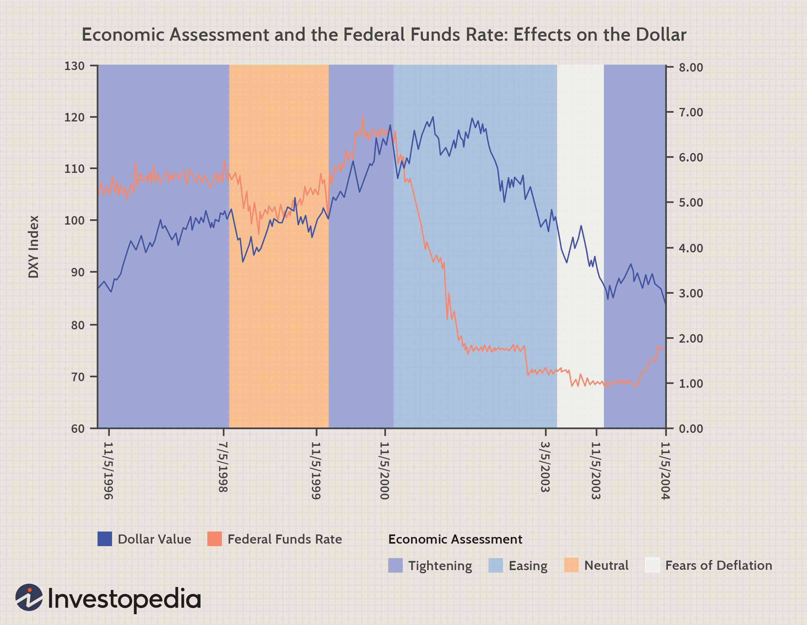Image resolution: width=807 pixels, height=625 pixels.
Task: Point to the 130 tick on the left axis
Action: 74,66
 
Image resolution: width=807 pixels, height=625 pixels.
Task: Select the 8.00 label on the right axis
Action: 691,68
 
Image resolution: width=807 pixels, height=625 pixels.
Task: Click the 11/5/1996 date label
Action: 108,471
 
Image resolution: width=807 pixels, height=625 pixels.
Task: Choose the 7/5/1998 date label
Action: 223,467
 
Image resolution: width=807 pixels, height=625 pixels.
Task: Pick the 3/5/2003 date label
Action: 545,467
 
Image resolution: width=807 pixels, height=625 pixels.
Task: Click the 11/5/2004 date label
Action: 665,471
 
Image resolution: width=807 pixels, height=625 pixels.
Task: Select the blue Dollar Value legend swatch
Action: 104,539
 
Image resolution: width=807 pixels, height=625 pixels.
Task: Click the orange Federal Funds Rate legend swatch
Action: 214,539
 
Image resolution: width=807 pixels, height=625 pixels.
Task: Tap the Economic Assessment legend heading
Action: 455,539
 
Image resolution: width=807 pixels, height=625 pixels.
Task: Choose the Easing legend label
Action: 528,566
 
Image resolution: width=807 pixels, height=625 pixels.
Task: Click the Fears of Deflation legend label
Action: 719,566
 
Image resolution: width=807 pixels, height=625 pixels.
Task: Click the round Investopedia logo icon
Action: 29,597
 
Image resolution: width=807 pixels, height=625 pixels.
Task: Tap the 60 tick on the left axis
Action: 78,429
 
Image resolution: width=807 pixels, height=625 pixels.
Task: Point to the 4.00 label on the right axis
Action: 691,248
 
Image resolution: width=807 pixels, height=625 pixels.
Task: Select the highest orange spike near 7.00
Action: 363,116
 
